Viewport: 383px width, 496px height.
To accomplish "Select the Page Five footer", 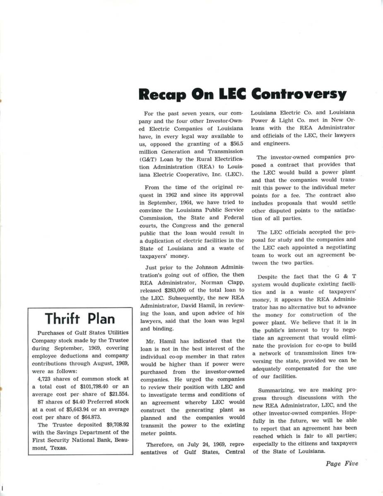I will click(342, 464).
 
